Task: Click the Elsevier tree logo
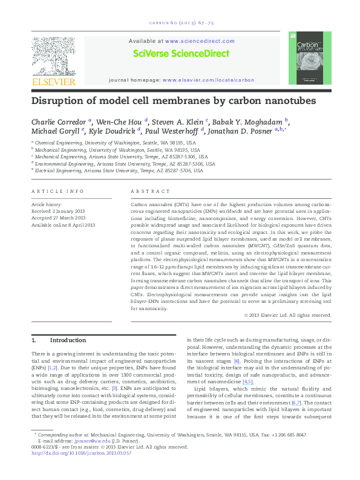[x=54, y=58]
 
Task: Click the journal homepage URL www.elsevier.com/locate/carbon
[x=208, y=80]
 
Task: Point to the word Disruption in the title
[x=60, y=100]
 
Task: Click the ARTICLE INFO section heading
[x=58, y=192]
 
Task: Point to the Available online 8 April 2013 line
[x=64, y=225]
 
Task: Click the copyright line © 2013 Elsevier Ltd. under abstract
[x=287, y=315]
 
